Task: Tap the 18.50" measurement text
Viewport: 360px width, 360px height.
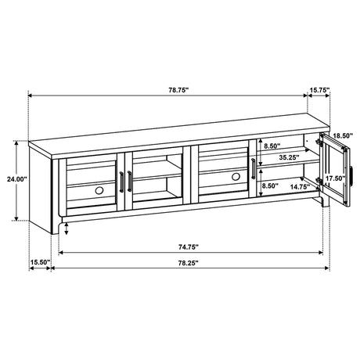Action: pyautogui.click(x=342, y=135)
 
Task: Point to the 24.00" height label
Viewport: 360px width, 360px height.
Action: pyautogui.click(x=16, y=179)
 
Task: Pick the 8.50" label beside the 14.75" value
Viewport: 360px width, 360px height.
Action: pyautogui.click(x=270, y=186)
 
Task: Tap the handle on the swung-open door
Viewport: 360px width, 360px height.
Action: pyautogui.click(x=352, y=175)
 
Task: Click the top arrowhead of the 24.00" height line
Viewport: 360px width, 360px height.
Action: pyautogui.click(x=17, y=143)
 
